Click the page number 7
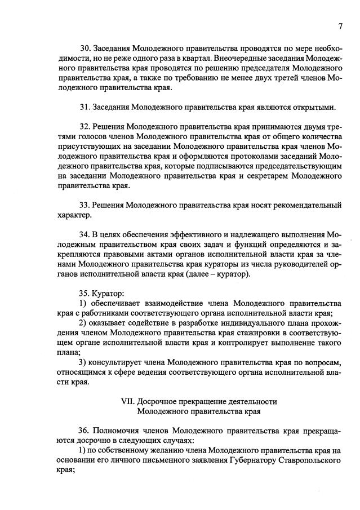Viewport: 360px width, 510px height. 340,26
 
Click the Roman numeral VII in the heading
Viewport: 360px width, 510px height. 128,401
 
